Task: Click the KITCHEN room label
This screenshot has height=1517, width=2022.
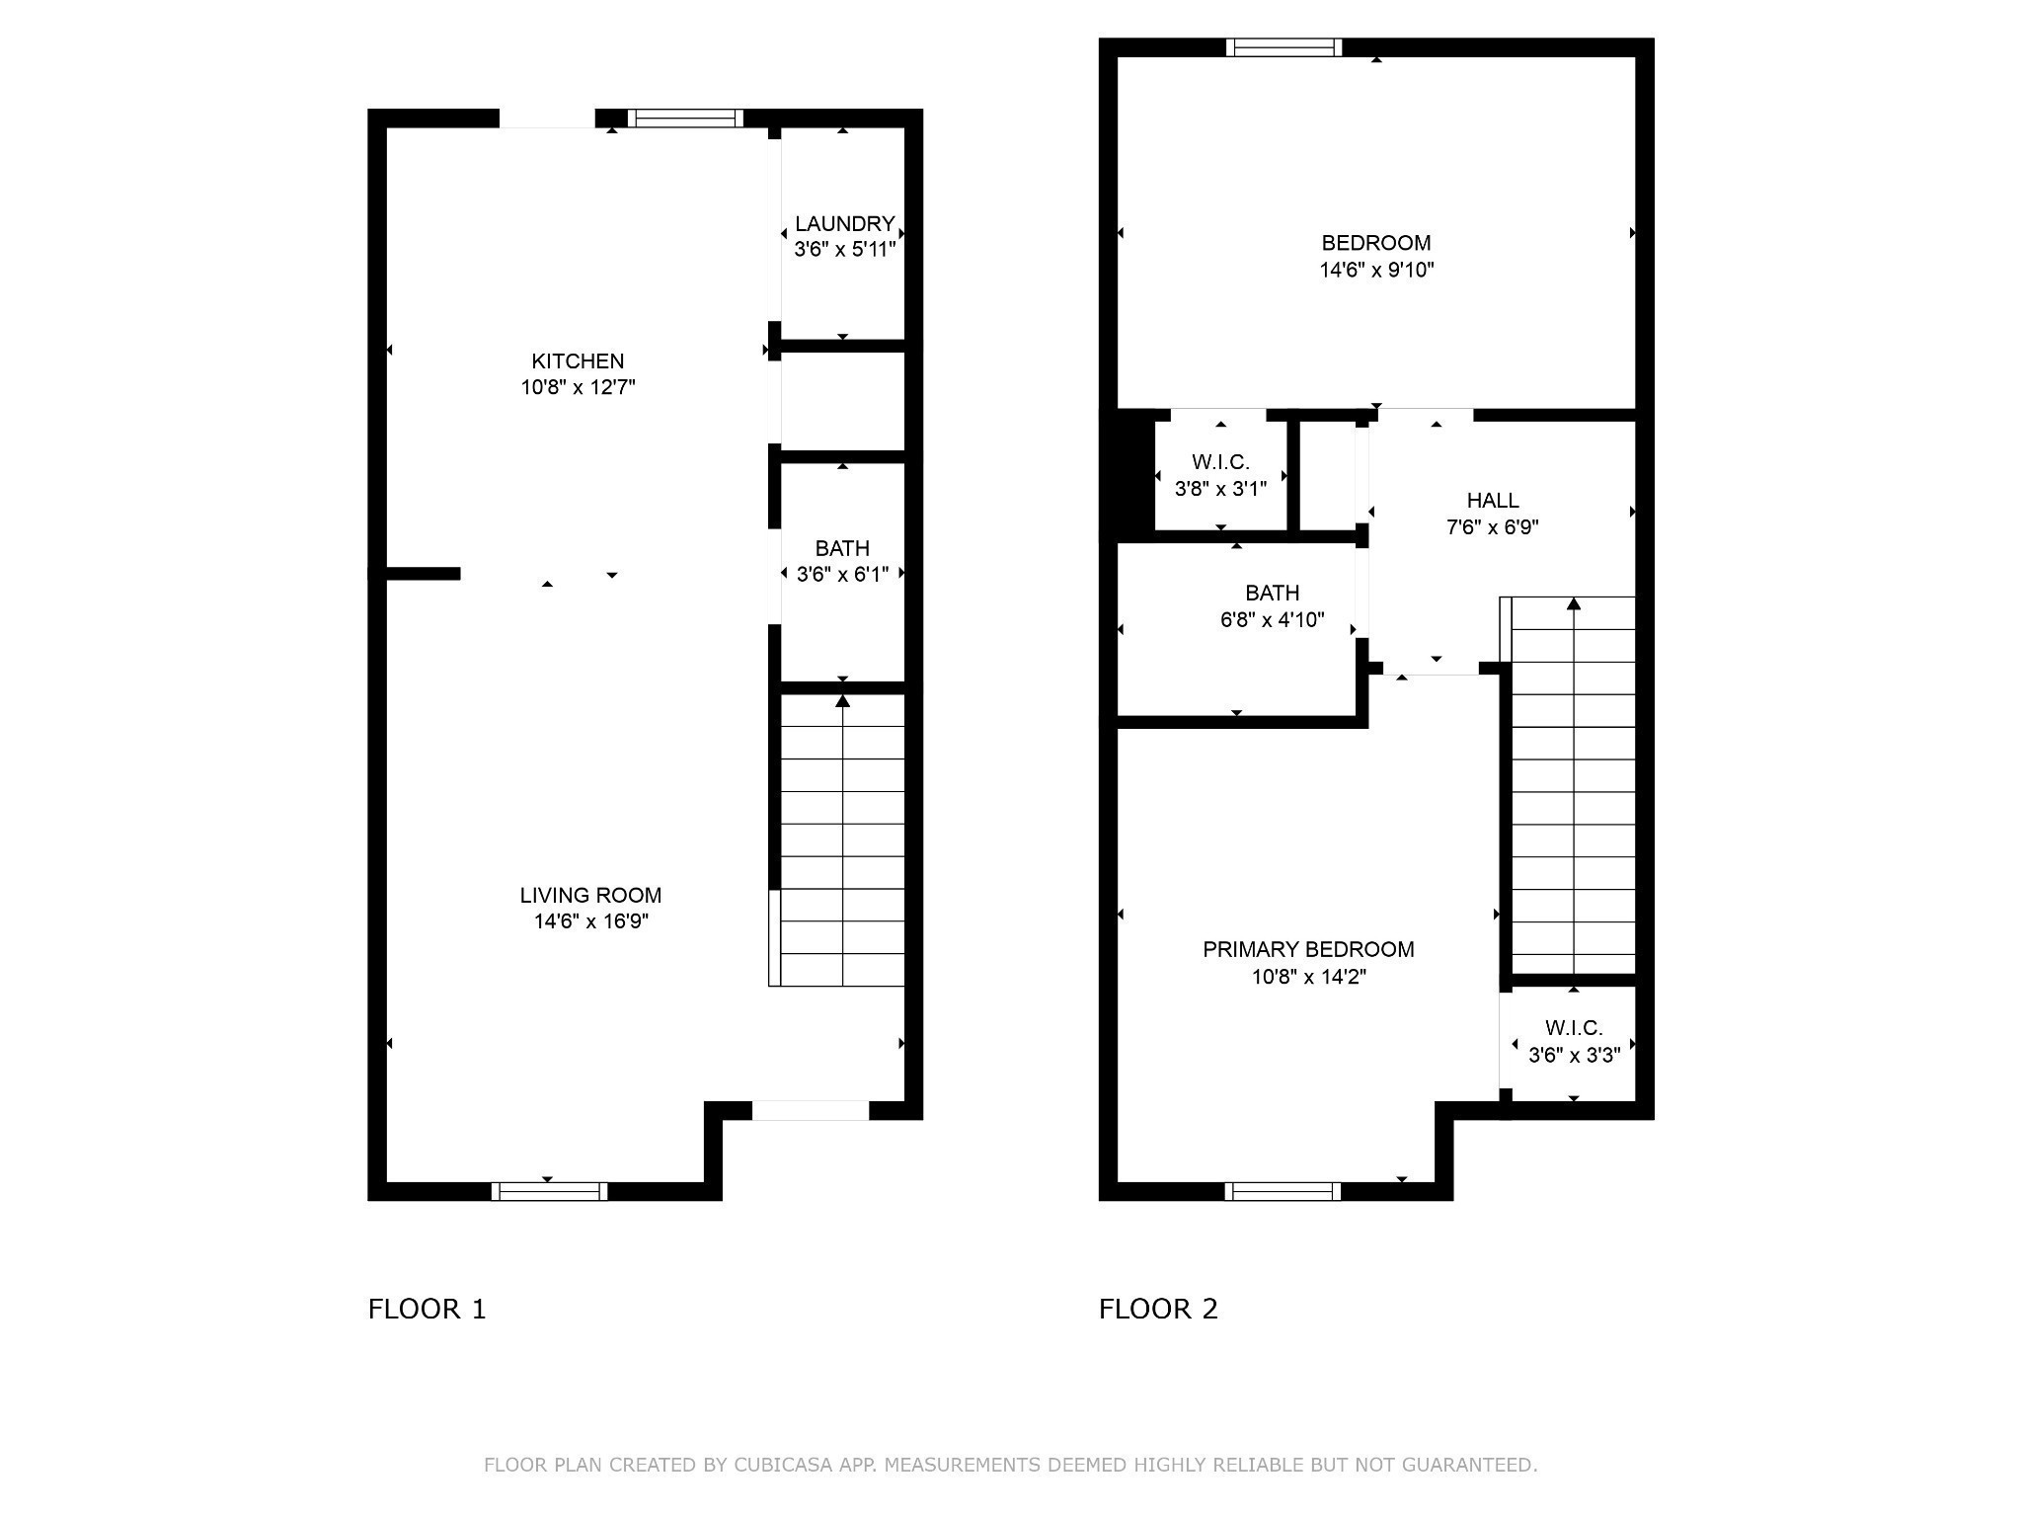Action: point(578,361)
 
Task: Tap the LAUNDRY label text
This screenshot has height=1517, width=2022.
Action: point(845,224)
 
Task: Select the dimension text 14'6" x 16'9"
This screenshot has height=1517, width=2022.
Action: point(591,921)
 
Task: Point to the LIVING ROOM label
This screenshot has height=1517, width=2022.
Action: point(590,895)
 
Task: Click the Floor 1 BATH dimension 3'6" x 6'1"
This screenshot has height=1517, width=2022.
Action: point(843,574)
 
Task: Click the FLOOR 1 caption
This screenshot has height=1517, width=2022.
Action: point(428,1310)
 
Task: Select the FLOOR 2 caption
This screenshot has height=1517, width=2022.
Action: point(1159,1310)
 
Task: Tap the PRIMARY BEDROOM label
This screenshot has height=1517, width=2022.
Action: point(1308,949)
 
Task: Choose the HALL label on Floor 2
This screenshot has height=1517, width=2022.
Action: point(1493,501)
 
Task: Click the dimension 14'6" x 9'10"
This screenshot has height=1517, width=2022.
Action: point(1377,270)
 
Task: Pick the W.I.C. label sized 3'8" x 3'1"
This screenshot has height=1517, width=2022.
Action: point(1221,462)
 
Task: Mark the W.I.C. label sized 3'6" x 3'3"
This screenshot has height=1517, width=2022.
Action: point(1575,1028)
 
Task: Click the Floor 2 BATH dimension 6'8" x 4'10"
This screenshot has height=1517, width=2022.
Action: point(1273,620)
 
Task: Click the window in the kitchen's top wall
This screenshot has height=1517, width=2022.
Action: point(685,119)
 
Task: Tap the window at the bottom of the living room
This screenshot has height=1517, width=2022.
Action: point(550,1191)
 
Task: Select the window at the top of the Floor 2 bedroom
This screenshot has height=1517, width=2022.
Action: point(1284,47)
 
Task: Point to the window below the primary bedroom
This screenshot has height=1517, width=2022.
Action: point(1283,1191)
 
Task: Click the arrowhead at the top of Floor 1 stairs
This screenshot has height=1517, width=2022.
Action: point(843,701)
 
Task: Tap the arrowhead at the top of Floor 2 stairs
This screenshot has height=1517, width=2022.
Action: point(1574,603)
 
